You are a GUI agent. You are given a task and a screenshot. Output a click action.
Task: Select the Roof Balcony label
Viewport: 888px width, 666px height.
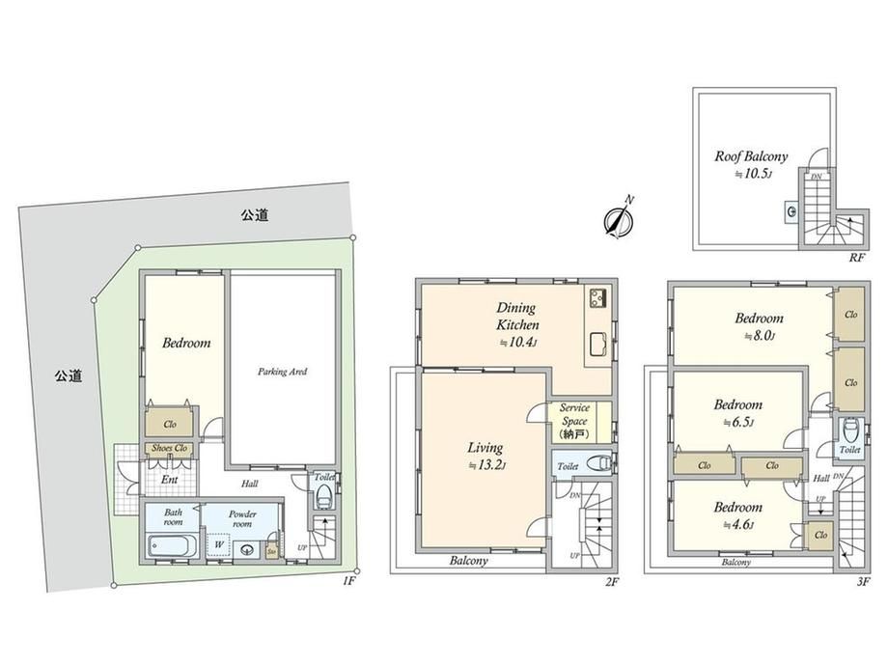click(751, 155)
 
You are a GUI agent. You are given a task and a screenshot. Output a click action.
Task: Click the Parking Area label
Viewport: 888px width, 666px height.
click(282, 371)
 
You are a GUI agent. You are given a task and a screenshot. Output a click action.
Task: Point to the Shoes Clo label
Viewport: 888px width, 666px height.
click(169, 448)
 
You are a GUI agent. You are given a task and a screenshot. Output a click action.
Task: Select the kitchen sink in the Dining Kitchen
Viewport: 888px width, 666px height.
click(596, 341)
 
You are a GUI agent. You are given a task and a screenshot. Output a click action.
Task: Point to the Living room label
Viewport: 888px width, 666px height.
click(486, 448)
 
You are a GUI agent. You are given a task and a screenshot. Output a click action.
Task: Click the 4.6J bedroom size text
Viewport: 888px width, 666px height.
click(738, 525)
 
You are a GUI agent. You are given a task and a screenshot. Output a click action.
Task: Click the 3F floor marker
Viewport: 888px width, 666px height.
click(862, 580)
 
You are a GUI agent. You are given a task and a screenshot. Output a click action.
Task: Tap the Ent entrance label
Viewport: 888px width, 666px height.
click(169, 479)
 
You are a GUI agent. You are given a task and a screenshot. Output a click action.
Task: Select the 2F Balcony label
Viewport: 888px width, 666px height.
click(468, 561)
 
